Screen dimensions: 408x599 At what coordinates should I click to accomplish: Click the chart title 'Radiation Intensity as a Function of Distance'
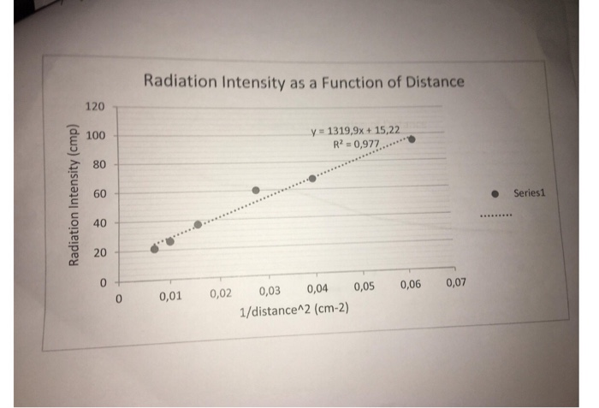coord(304,82)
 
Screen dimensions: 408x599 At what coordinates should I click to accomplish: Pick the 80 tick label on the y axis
coord(98,164)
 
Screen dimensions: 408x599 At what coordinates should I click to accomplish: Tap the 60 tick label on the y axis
coord(98,194)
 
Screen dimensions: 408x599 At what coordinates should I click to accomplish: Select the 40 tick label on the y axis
coord(99,223)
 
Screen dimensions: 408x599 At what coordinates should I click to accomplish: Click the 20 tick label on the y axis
coord(100,253)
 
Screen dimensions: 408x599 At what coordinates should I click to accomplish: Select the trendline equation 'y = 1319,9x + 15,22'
coord(355,131)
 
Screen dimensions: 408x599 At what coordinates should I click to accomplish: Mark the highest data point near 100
coord(412,139)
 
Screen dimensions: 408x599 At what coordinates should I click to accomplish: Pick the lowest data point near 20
coord(155,249)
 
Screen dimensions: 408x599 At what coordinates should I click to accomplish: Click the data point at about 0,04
coord(312,178)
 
